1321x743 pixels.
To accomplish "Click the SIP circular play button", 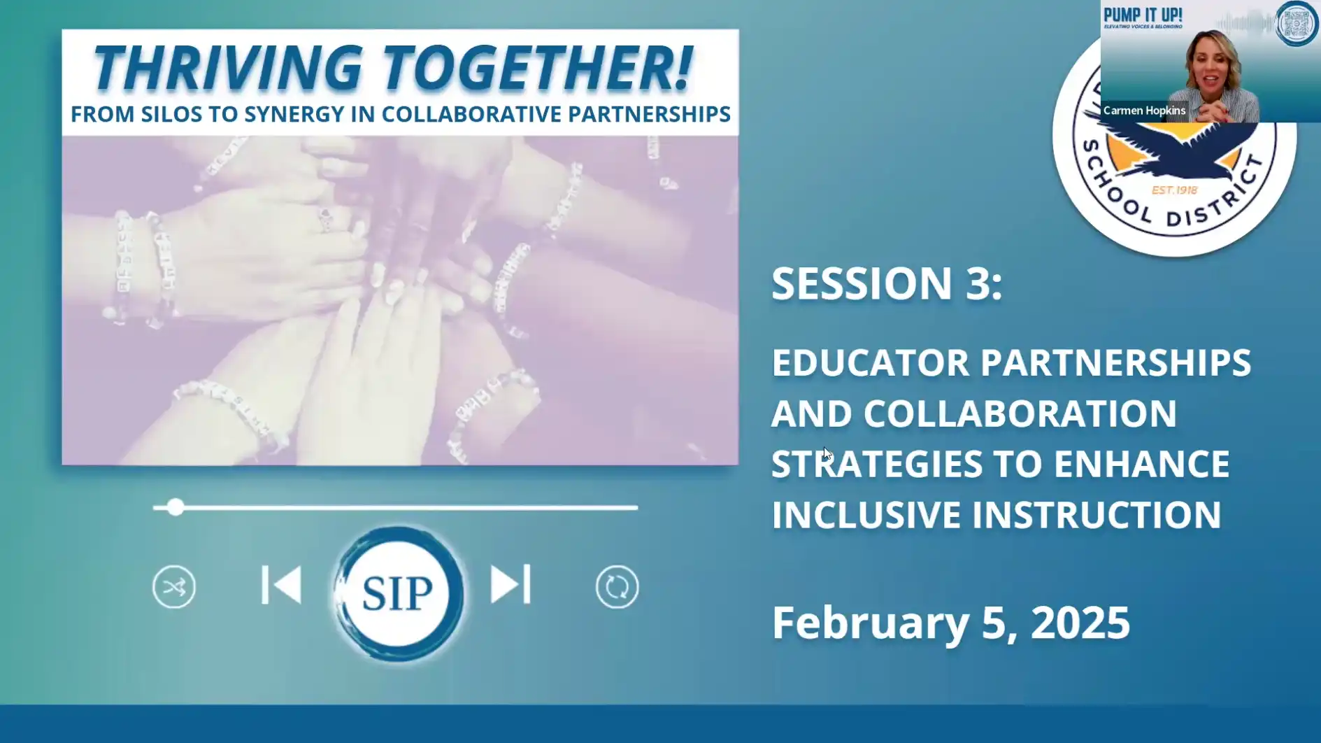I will coord(398,593).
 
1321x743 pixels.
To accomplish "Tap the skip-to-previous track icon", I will coord(281,585).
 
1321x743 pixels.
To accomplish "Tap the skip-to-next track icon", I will coord(510,585).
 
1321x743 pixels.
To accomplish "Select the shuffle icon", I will coord(174,587).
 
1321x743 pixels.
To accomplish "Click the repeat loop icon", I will coord(617,587).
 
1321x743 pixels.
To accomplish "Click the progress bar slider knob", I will coord(176,507).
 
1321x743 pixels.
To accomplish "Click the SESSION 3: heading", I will coord(886,283).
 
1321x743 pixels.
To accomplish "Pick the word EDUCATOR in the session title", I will coord(870,363).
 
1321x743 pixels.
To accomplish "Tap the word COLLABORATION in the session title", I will coord(1020,413).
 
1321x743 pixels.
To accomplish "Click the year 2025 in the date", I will coord(1080,623).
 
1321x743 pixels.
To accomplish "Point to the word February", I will coord(870,623).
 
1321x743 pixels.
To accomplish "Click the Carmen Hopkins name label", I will coord(1144,111).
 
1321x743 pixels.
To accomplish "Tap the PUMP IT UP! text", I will coord(1143,15).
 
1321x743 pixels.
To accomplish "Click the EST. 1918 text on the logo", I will coord(1175,190).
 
